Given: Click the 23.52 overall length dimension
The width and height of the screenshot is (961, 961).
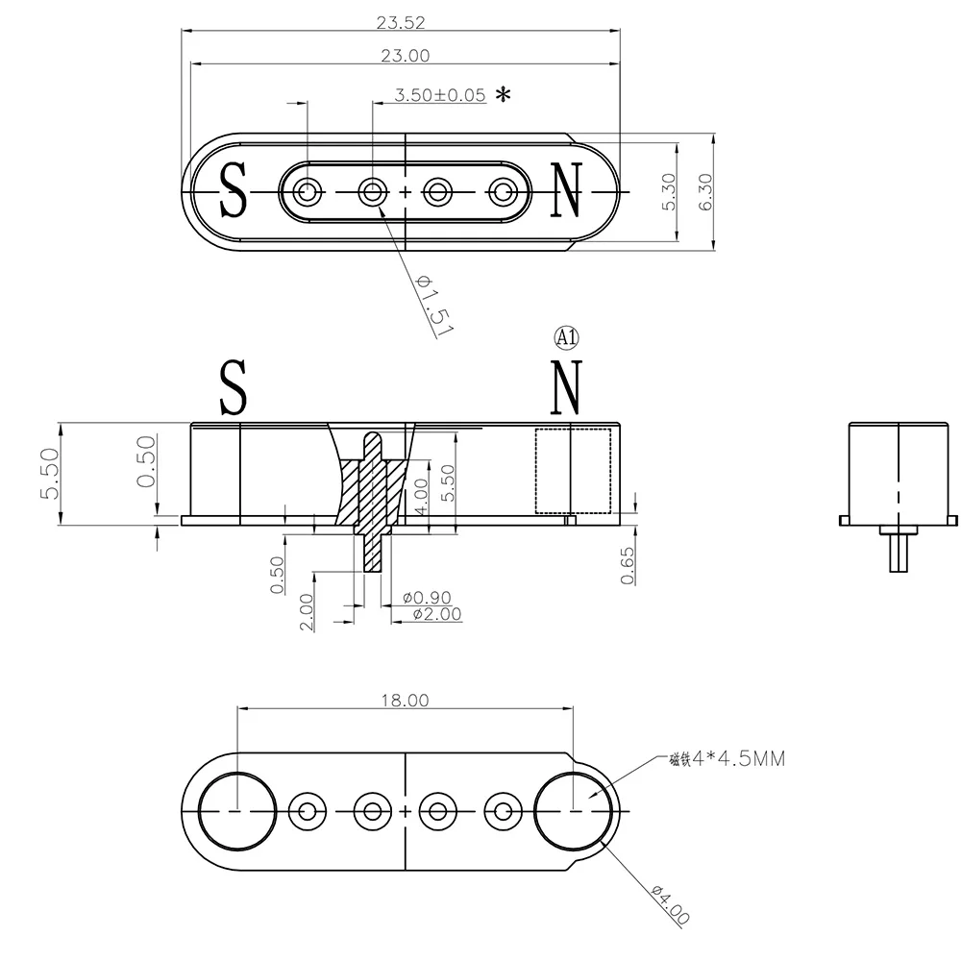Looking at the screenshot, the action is pos(401,23).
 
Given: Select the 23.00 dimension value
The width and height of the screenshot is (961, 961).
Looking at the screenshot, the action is pos(406,56).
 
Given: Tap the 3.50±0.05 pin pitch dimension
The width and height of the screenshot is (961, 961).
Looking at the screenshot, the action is pos(439,95).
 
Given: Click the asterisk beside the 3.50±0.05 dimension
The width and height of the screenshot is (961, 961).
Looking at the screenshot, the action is pos(504,94).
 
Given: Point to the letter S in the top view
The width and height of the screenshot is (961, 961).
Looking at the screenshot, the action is pos(234,190).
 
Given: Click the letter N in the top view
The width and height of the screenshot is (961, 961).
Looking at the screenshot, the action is pos(566,190).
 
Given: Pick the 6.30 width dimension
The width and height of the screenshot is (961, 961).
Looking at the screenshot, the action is pos(705,192).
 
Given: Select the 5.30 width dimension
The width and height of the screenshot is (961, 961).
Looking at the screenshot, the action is pos(669,192).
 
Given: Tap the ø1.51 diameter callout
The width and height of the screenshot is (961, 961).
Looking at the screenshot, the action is pos(434,305).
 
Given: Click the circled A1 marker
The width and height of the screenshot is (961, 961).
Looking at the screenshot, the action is pos(566,337).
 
